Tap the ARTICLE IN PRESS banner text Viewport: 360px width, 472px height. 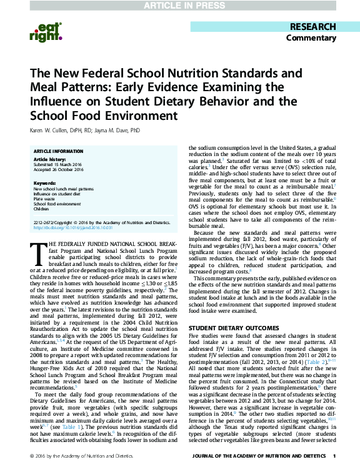click(x=179, y=5)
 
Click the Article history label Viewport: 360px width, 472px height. click(x=47, y=160)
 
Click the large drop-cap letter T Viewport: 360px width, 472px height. click(x=38, y=252)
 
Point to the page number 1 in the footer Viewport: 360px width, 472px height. click(x=334, y=462)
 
